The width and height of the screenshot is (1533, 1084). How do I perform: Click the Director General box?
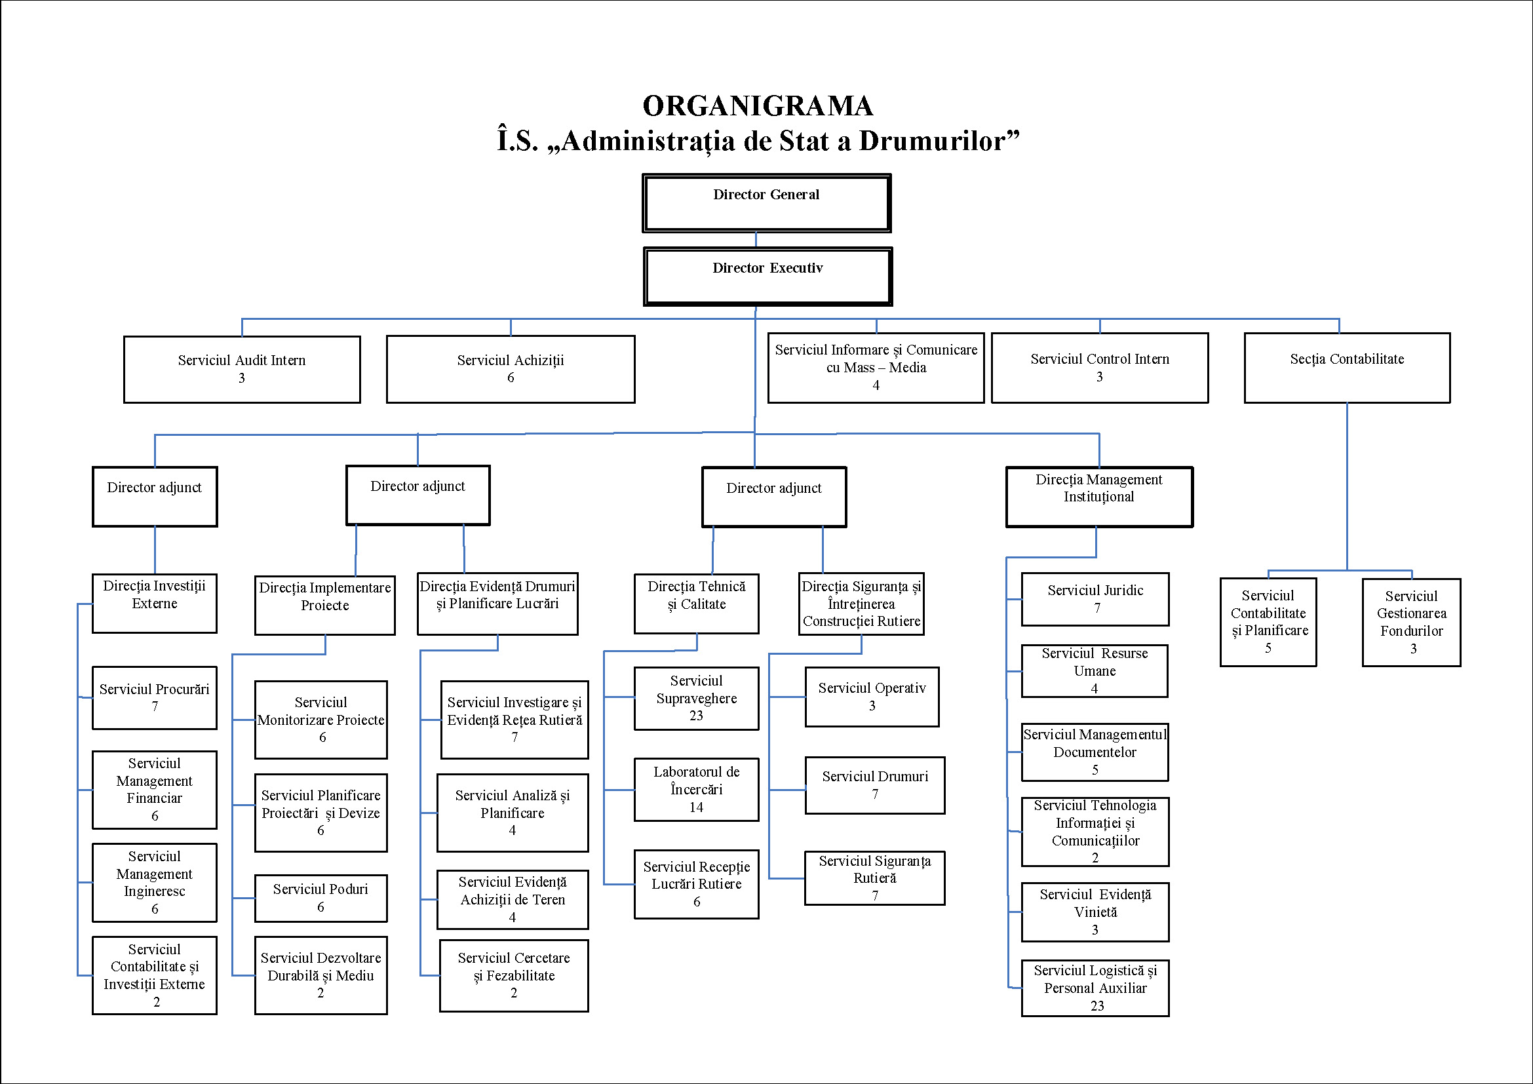point(767,203)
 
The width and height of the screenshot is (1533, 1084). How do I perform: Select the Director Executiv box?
point(768,277)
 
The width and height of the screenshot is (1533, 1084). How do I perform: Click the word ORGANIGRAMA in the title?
point(758,106)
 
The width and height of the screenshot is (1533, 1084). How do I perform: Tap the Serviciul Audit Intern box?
point(242,369)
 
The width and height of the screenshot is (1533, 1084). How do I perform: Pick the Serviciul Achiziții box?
point(510,369)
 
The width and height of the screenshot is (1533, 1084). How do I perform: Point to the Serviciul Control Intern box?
point(1100,368)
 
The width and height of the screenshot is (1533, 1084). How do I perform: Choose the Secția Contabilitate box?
point(1347,368)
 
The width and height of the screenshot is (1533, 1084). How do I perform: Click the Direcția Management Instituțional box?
point(1099,497)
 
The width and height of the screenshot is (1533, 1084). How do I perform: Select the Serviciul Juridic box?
point(1095,599)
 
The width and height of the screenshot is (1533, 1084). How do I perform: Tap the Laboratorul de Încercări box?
point(697,789)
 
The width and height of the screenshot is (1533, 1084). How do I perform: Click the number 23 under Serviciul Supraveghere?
point(697,716)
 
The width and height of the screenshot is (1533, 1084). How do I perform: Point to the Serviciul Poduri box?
point(320,898)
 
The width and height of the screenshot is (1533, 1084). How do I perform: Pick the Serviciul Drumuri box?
point(875,785)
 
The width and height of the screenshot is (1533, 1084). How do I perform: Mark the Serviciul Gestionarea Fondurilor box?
point(1412,622)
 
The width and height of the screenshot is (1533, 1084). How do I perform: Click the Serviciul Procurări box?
point(154,697)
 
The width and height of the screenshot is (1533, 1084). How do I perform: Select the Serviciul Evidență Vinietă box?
point(1095,912)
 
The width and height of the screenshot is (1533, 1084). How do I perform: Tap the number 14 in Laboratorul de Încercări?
point(697,807)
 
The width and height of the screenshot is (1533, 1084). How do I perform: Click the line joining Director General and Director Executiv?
point(756,241)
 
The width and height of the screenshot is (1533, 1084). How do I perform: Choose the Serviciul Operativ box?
point(872,697)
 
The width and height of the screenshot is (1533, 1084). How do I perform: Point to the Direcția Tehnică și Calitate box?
point(697,604)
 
